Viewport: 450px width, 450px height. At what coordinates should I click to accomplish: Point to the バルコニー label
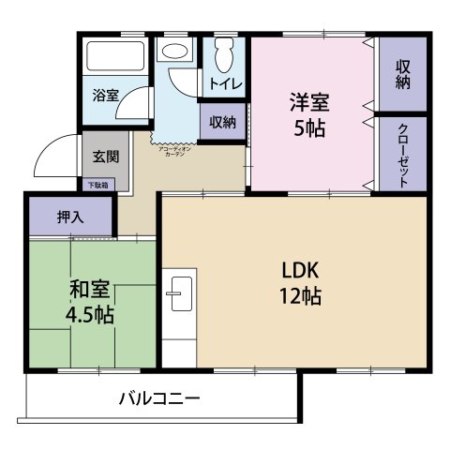[158, 398]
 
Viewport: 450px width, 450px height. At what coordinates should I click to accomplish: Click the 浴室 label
[105, 95]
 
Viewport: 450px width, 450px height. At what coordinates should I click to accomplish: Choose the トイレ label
[225, 84]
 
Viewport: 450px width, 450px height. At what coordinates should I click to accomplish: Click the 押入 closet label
[70, 217]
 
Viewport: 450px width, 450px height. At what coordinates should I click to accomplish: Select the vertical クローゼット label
[402, 154]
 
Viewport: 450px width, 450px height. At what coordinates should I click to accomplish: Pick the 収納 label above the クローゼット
[402, 75]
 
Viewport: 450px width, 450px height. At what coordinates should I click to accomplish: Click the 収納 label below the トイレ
[222, 121]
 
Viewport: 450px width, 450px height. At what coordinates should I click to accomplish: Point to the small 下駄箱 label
[98, 186]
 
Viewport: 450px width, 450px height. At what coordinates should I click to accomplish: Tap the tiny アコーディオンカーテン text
[174, 150]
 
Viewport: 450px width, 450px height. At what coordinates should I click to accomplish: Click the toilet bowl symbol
[223, 58]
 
